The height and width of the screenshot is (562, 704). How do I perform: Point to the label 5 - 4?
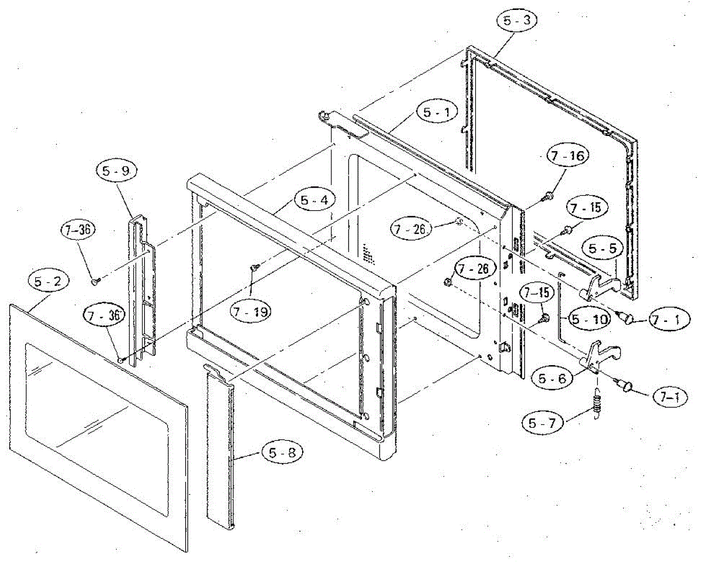pos(317,200)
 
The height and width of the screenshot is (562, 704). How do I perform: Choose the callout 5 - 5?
pos(602,248)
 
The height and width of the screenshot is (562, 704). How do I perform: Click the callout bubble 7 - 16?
pos(567,156)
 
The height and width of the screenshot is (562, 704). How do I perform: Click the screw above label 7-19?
pos(254,267)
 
